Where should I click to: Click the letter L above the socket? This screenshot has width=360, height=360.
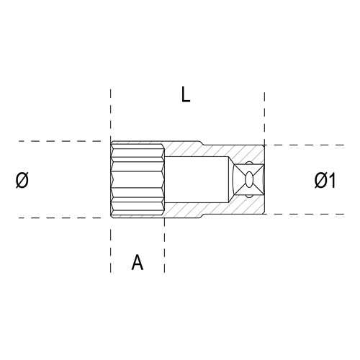[186, 94]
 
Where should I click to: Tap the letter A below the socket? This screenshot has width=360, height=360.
[138, 262]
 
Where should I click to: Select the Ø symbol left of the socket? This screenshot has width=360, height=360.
[22, 180]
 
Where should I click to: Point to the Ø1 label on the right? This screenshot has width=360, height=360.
[325, 180]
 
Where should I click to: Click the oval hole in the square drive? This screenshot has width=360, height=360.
[249, 179]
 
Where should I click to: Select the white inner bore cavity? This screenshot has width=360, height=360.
[197, 179]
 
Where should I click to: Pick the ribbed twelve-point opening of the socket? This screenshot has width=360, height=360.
[138, 179]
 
